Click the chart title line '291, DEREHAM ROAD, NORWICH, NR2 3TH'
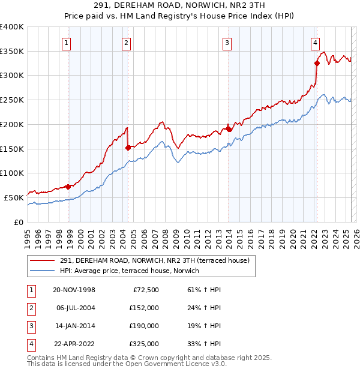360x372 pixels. pos(179,6)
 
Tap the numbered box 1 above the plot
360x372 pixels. pos(66,43)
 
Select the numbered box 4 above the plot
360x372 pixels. pos(315,43)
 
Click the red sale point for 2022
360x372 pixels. pos(317,62)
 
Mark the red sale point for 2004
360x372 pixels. pos(128,147)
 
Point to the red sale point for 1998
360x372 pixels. pos(68,186)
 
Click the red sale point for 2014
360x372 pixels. pos(229,128)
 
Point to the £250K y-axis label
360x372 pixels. pos(12,100)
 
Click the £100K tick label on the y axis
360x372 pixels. pos(12,173)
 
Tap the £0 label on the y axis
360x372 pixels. pos(18,221)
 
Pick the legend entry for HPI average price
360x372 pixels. pos(133,271)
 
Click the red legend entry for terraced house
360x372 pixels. pos(158,260)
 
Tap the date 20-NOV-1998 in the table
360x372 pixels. pos(74,290)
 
